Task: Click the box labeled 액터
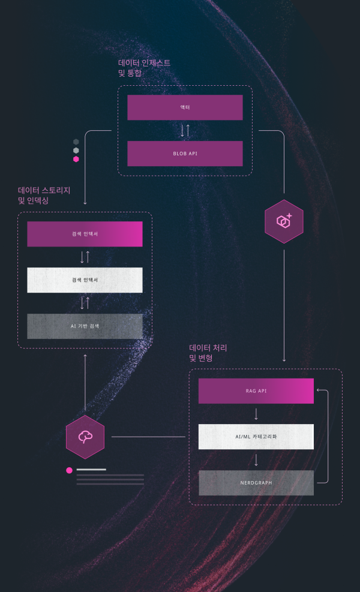pyautogui.click(x=185, y=107)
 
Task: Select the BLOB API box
pyautogui.click(x=185, y=154)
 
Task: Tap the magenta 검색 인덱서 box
pyautogui.click(x=85, y=234)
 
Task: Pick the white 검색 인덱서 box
pyautogui.click(x=85, y=280)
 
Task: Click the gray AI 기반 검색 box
pyautogui.click(x=85, y=326)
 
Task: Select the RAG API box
pyautogui.click(x=256, y=390)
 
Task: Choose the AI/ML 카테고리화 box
pyautogui.click(x=256, y=437)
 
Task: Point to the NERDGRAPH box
pyautogui.click(x=256, y=483)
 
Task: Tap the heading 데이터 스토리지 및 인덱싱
pyautogui.click(x=44, y=196)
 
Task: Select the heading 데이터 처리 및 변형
pyautogui.click(x=208, y=353)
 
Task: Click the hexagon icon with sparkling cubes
pyautogui.click(x=284, y=221)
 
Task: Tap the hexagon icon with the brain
pyautogui.click(x=85, y=437)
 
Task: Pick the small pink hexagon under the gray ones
pyautogui.click(x=76, y=159)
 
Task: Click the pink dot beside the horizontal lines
pyautogui.click(x=70, y=470)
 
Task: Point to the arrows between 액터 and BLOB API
pyautogui.click(x=185, y=130)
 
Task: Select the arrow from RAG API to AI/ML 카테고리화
pyautogui.click(x=256, y=414)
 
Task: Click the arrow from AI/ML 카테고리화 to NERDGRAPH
pyautogui.click(x=256, y=460)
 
